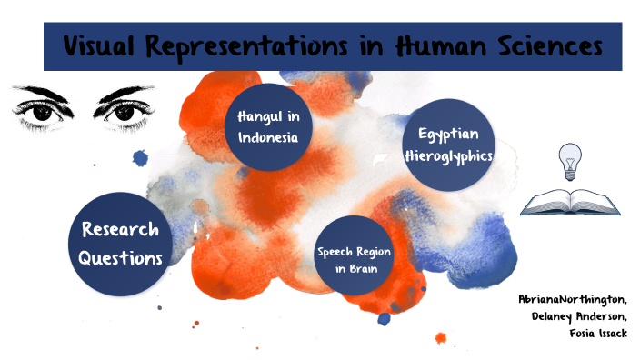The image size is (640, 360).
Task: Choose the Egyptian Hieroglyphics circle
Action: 448,145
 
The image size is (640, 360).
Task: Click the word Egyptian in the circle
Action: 448,135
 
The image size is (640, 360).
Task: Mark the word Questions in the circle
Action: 120,256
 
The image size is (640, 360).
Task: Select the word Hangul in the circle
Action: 258,118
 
